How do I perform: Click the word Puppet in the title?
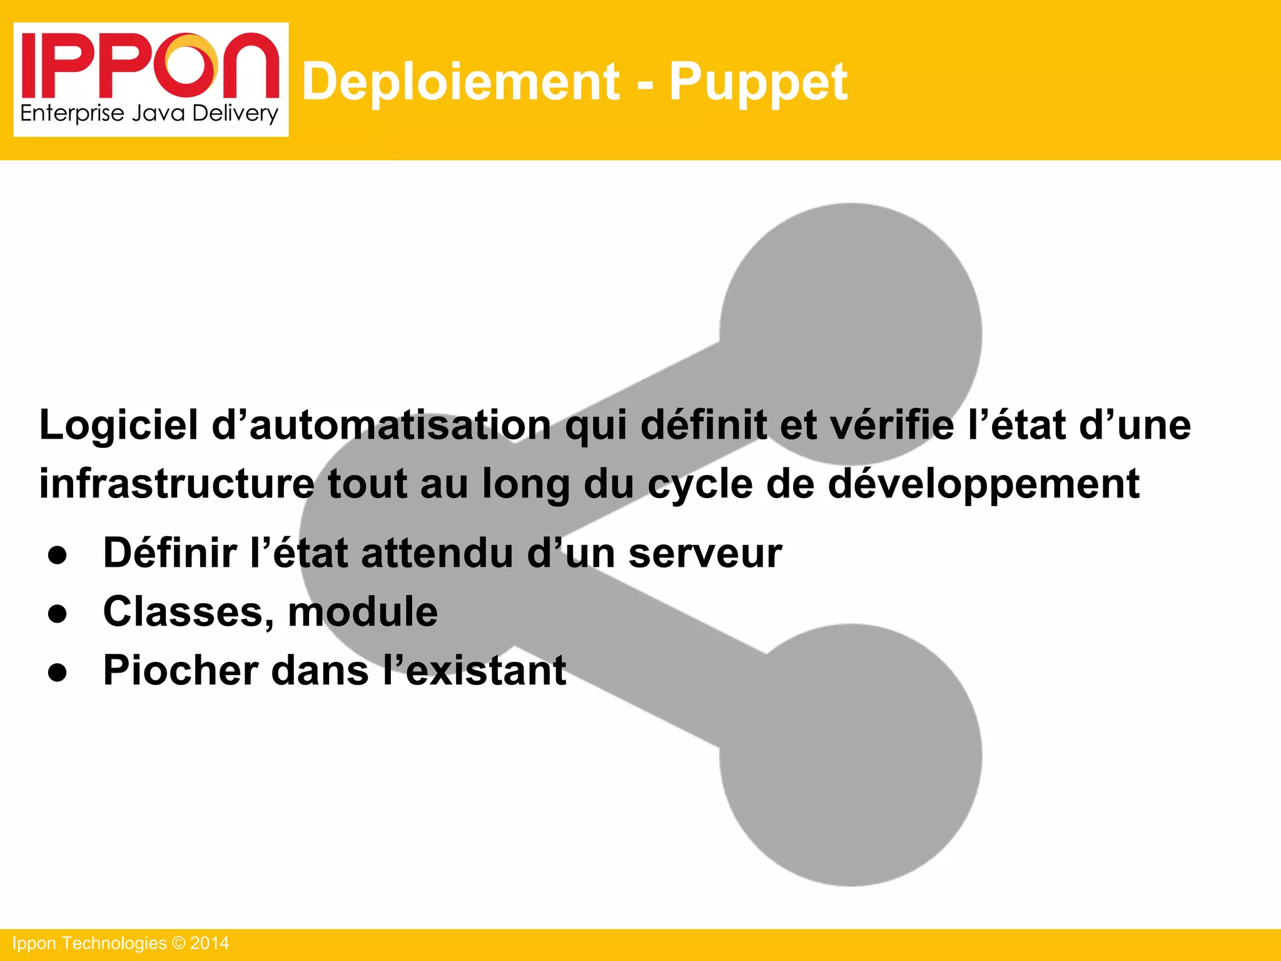pos(758,83)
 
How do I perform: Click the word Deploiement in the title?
pos(461,81)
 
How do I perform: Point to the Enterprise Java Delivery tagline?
pos(149,114)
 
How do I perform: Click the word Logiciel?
pos(119,425)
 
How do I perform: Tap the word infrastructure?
pos(176,484)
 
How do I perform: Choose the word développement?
pos(983,485)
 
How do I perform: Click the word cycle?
pos(699,485)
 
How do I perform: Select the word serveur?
pos(705,553)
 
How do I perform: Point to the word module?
pos(363,612)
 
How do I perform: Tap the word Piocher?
pos(180,670)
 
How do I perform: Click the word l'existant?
pos(474,670)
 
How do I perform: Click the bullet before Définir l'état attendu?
pos(58,556)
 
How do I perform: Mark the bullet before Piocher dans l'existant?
pos(58,673)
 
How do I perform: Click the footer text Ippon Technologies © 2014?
pos(121,943)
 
